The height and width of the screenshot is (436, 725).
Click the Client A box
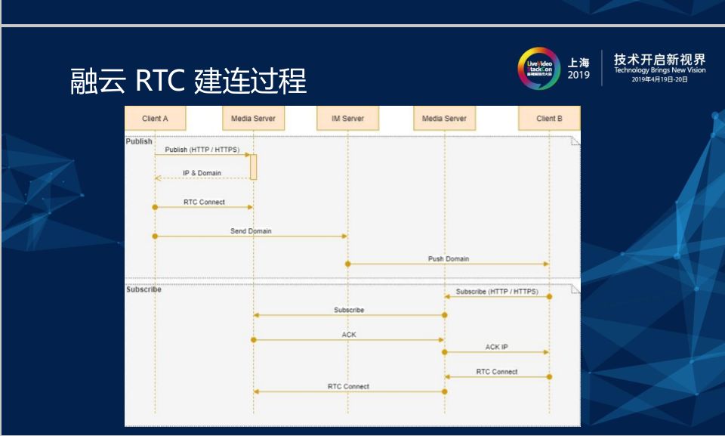[x=155, y=119]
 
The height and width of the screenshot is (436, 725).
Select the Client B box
[x=549, y=119]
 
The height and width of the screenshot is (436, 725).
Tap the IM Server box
[x=347, y=119]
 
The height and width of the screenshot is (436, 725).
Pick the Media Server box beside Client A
[x=254, y=119]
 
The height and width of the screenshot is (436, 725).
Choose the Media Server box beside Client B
[x=444, y=119]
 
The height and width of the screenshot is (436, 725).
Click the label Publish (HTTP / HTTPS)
[x=202, y=150]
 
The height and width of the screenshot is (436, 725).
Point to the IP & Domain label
[x=202, y=173]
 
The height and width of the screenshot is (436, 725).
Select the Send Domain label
[x=251, y=231]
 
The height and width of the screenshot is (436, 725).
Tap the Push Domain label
[x=449, y=259]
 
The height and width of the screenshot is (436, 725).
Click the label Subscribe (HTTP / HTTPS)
[x=497, y=291]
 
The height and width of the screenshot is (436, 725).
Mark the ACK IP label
[x=496, y=348]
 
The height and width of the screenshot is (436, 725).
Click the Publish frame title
[x=139, y=141]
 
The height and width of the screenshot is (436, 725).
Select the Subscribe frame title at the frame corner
[x=143, y=289]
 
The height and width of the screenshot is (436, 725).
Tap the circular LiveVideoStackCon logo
[x=538, y=69]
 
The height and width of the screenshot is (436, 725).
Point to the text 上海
[x=579, y=62]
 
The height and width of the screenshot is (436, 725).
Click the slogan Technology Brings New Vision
[x=659, y=70]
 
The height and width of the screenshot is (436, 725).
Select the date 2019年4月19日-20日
[x=659, y=79]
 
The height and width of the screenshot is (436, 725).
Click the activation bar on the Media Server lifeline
[x=254, y=166]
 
